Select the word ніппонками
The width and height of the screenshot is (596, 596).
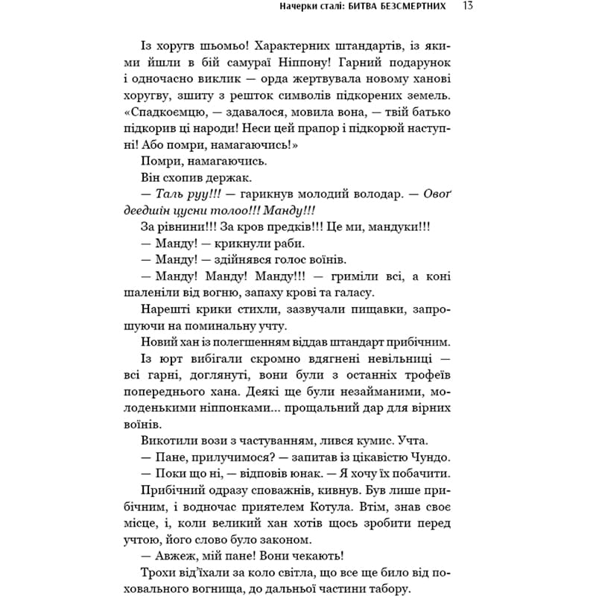[x=192, y=410]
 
